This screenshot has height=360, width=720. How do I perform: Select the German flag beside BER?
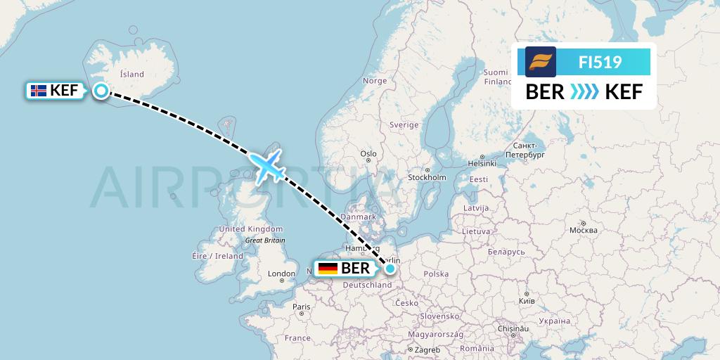pos(328,268)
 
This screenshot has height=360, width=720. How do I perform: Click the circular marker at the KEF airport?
pos(101,91)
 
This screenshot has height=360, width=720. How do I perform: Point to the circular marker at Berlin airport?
pos(390,268)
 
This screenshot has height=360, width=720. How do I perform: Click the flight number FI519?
pos(600,62)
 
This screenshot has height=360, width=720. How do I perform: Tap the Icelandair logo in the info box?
pos(541,62)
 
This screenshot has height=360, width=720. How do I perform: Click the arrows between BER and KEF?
pos(584,92)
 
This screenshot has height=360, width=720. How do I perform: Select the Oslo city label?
pos(368,153)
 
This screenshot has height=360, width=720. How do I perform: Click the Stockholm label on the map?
pos(426,177)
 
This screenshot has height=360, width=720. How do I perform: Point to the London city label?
pos(281,274)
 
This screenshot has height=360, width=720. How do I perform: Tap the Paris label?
pos(302,307)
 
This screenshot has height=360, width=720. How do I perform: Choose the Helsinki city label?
pos(482,163)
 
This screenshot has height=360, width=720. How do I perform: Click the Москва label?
pos(583,230)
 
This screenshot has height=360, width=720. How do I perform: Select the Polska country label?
pos(436,274)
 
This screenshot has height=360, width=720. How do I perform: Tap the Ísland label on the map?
pos(131,74)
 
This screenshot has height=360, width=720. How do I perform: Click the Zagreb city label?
pos(427,349)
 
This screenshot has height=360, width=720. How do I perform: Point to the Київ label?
pos(526,300)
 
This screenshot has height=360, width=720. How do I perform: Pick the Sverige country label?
pos(404,124)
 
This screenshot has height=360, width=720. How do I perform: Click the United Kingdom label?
pos(250,229)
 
